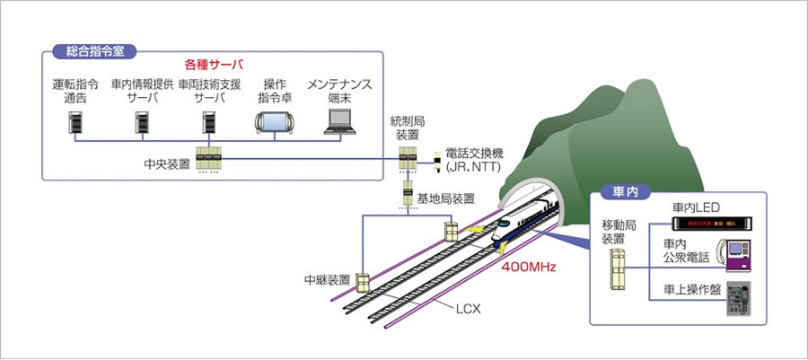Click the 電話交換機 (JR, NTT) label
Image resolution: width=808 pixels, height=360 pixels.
tap(468, 161)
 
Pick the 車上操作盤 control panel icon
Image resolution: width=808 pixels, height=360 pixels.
tap(735, 300)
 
